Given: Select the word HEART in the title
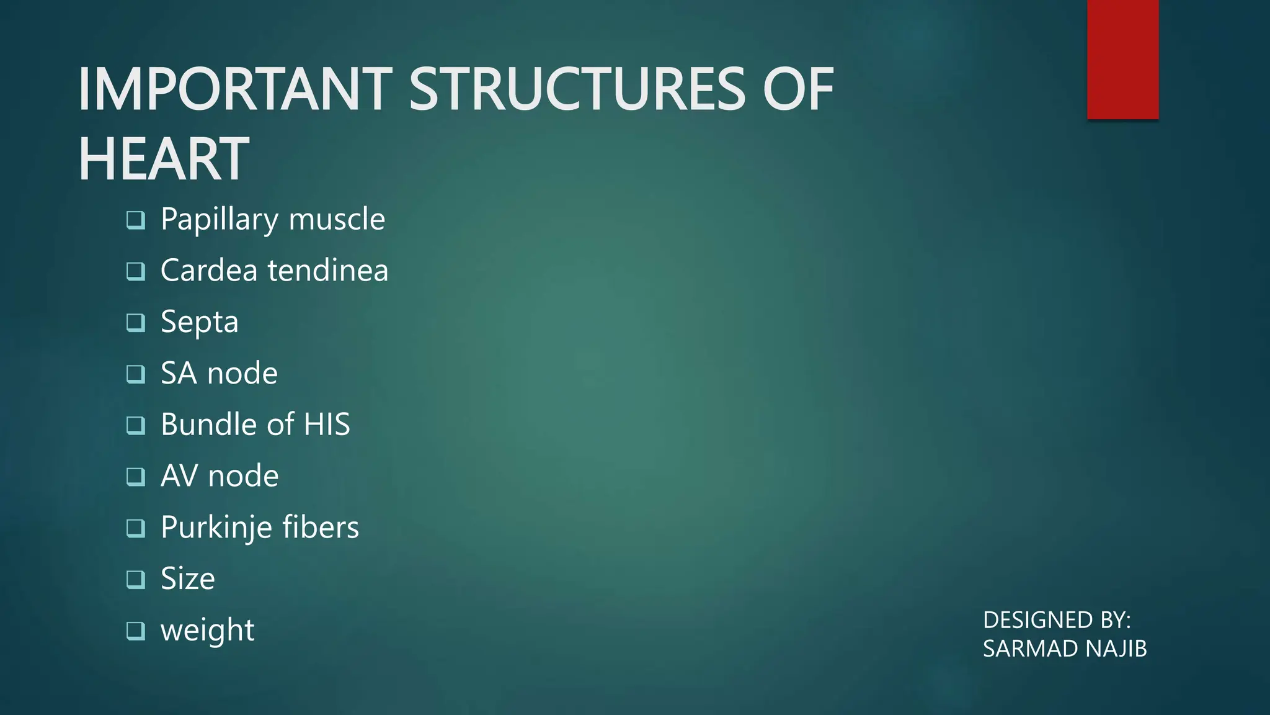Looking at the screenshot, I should pyautogui.click(x=164, y=160).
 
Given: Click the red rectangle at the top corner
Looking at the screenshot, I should pyautogui.click(x=1122, y=59).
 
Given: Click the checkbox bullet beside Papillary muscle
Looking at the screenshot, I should pyautogui.click(x=136, y=220).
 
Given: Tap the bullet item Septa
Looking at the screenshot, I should pyautogui.click(x=199, y=322).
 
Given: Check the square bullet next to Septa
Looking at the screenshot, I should pyautogui.click(x=136, y=322).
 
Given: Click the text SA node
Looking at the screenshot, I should pyautogui.click(x=219, y=373).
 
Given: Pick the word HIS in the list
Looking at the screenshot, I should pyautogui.click(x=327, y=425).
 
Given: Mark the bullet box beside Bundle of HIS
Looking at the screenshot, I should pyautogui.click(x=136, y=425).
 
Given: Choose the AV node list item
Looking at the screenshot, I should pyautogui.click(x=220, y=476).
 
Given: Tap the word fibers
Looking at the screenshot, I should pyautogui.click(x=321, y=527).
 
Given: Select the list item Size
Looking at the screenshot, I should pyautogui.click(x=187, y=578).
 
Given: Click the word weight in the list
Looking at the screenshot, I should pyautogui.click(x=207, y=631).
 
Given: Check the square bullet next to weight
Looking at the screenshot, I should pyautogui.click(x=136, y=631).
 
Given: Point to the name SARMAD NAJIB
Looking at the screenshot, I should pyautogui.click(x=1065, y=649).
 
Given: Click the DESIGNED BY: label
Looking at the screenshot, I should pyautogui.click(x=1057, y=620).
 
